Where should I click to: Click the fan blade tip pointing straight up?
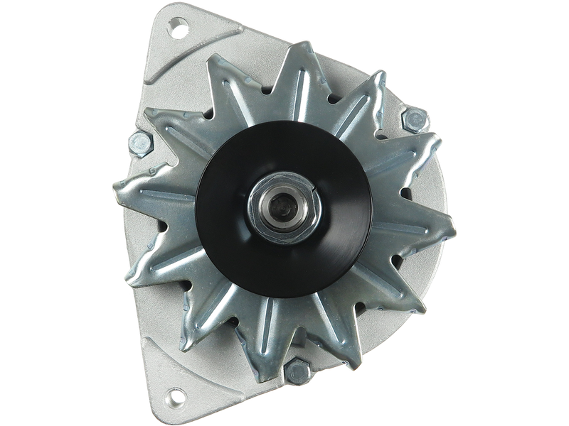coord(299,48)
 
